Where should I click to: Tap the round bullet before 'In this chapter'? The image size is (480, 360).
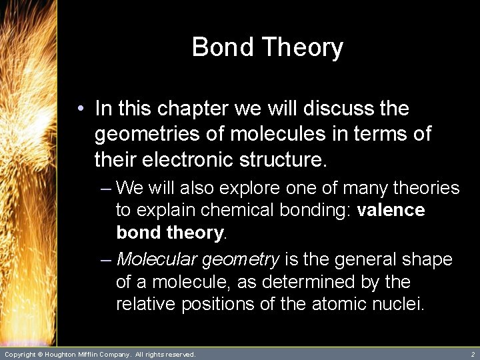[x=80, y=109]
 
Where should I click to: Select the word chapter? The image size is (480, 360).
[x=195, y=109]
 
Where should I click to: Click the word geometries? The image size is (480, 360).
[x=147, y=134]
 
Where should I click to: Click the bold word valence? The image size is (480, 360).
[x=391, y=211]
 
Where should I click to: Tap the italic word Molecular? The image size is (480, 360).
[x=157, y=259]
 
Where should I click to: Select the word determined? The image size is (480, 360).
[x=309, y=281]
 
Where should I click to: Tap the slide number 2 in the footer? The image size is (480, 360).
[x=473, y=355]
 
